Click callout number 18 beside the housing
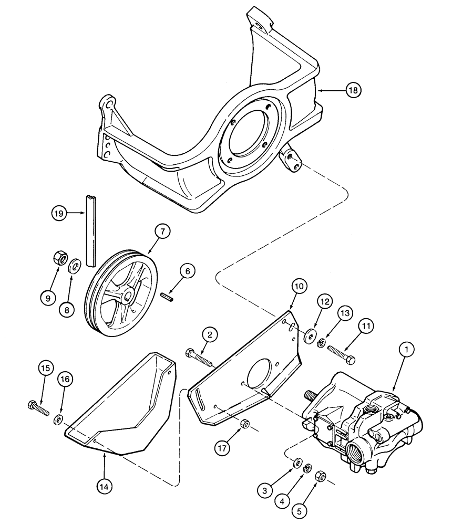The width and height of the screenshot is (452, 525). (x=353, y=91)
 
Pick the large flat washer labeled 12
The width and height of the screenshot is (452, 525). (x=310, y=335)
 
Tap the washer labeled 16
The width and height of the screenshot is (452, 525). (x=59, y=418)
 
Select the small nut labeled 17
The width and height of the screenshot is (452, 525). (x=244, y=423)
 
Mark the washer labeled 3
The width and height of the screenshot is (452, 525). (x=297, y=463)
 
